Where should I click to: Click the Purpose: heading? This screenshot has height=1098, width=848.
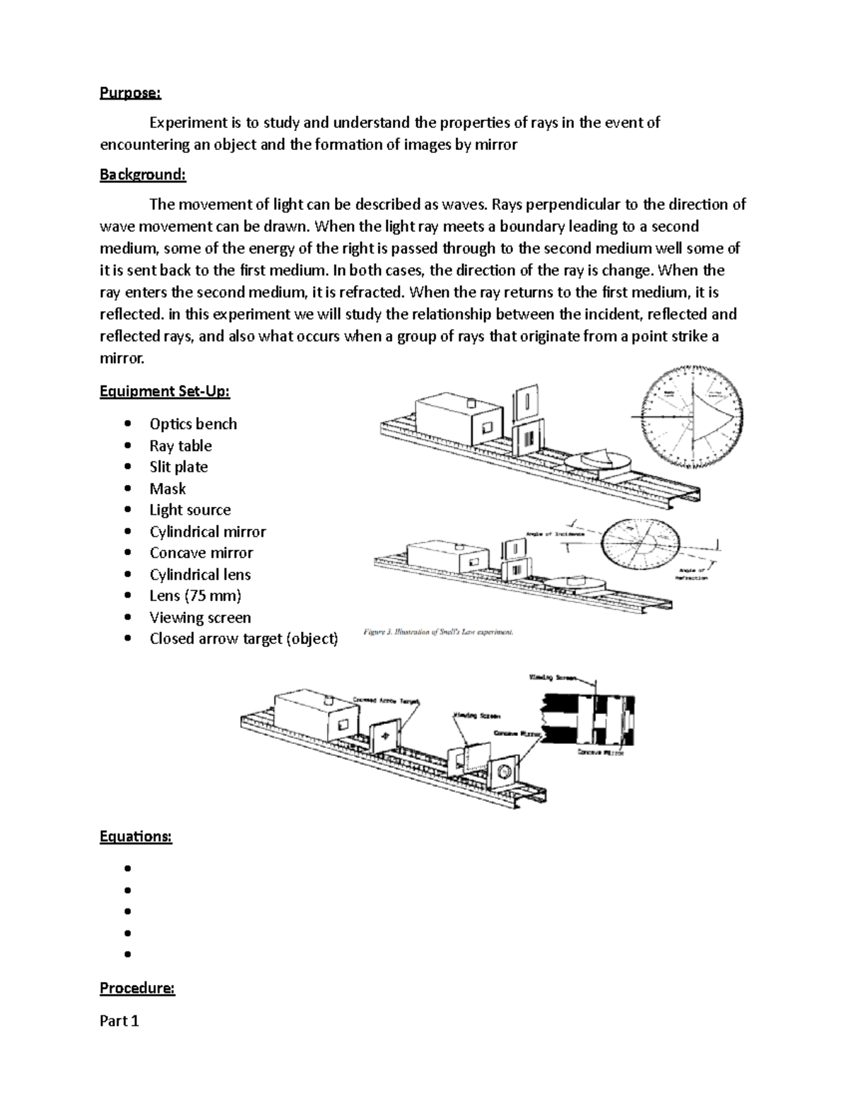coord(130,93)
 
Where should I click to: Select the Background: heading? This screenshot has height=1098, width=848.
coord(143,175)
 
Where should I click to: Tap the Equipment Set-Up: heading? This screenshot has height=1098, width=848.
coord(165,391)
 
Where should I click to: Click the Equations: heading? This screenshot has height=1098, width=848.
coord(135,836)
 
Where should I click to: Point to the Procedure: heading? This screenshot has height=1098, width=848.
coord(137,988)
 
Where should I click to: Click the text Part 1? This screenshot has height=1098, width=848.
coord(119,1020)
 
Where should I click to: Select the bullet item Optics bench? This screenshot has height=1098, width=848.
coord(193,424)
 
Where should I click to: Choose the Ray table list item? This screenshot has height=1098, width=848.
coord(180,445)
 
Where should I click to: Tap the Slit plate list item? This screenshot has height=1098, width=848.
coord(178,467)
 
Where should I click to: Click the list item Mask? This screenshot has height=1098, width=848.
coord(167,489)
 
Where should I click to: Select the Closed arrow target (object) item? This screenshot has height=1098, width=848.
coord(244,638)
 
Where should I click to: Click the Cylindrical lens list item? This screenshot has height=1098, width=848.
coord(200,574)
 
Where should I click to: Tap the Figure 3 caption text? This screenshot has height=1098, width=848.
coord(438,632)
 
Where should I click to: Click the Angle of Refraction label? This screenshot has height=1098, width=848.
coord(694,573)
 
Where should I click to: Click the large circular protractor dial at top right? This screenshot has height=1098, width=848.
coord(693,417)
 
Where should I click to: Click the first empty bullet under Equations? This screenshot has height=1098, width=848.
coord(128,868)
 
